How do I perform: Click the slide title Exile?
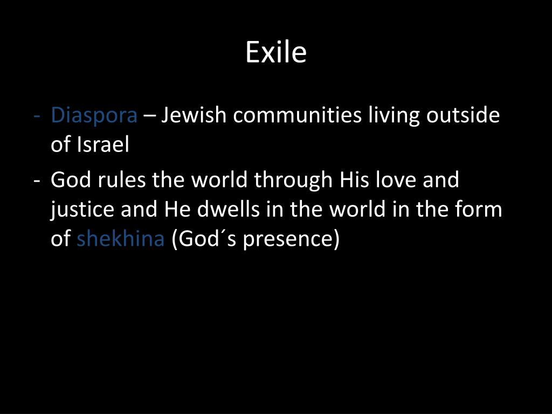point(276,53)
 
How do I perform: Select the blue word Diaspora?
point(94,115)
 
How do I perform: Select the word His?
point(353,180)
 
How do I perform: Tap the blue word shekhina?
point(120,239)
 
